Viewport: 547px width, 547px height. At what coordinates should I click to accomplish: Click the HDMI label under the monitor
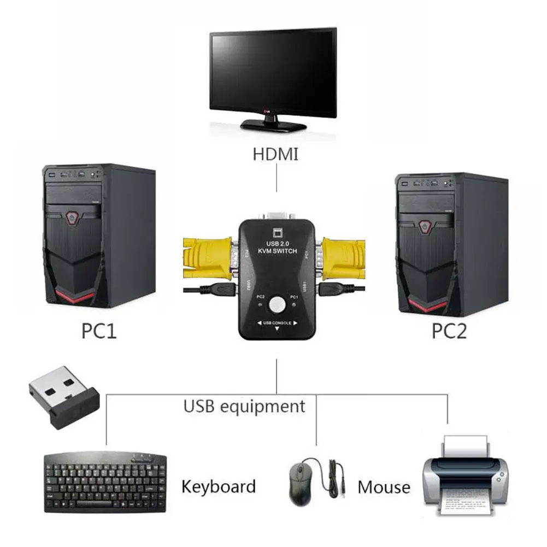coord(275,154)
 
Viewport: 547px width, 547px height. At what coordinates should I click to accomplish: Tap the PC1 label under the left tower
coord(99,331)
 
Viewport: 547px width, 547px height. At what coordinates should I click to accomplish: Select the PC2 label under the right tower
coord(449,331)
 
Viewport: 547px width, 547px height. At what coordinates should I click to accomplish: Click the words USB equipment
coord(244,406)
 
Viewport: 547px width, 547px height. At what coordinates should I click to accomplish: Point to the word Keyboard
coord(218,486)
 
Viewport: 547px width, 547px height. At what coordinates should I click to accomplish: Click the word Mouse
coord(384,487)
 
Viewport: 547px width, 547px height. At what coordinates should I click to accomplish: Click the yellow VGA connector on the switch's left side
coord(208,257)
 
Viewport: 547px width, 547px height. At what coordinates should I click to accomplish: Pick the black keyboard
coord(104,481)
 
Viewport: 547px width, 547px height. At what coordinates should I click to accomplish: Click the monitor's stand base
coord(273,125)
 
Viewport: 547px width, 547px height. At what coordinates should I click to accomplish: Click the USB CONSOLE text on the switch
coord(277,322)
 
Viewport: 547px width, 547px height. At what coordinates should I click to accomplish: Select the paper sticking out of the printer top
coord(465,446)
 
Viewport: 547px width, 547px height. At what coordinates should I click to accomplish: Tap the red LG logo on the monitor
coord(267,114)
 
